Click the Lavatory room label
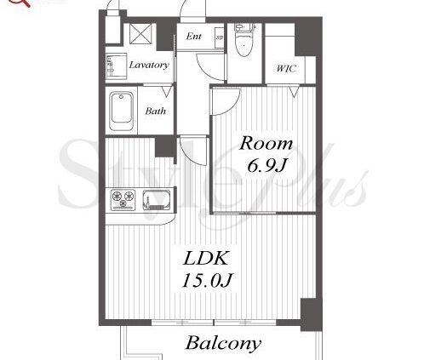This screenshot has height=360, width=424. pyautogui.click(x=149, y=65)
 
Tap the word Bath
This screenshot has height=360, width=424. pyautogui.click(x=155, y=111)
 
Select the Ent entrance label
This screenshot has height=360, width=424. pyautogui.click(x=193, y=36)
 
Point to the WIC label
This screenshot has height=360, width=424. pyautogui.click(x=286, y=68)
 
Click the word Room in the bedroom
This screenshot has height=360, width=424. pyautogui.click(x=266, y=143)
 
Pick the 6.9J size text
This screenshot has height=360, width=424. pyautogui.click(x=266, y=165)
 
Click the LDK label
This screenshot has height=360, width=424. pyautogui.click(x=206, y=258)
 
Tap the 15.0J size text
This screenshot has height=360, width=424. pyautogui.click(x=207, y=280)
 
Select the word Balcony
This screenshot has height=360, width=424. pyautogui.click(x=223, y=343)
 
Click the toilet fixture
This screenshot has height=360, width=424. pyautogui.click(x=244, y=40)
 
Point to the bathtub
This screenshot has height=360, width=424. pyautogui.click(x=122, y=111)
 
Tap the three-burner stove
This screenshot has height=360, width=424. pyautogui.click(x=123, y=200)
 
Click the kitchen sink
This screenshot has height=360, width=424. pyautogui.click(x=157, y=200)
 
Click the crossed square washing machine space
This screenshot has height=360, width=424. pyautogui.click(x=140, y=33)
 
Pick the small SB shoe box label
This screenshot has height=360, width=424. pyautogui.click(x=219, y=37)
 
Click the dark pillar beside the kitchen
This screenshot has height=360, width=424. pyautogui.click(x=164, y=146)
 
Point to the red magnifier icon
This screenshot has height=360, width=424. pyautogui.click(x=22, y=3)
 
